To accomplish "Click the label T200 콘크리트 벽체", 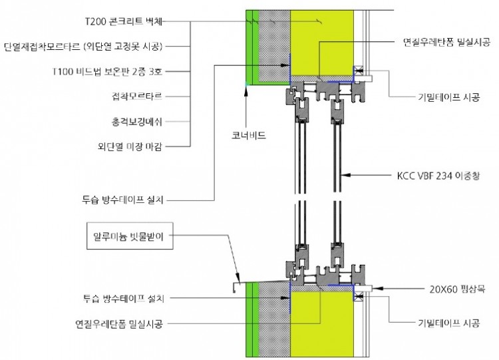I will pos(124,21).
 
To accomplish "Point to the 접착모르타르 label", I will pos(142,96).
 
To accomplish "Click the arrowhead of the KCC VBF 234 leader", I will pos(343,177).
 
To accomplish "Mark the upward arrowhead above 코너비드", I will pos(247,87).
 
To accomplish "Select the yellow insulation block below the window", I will pos(323,326).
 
